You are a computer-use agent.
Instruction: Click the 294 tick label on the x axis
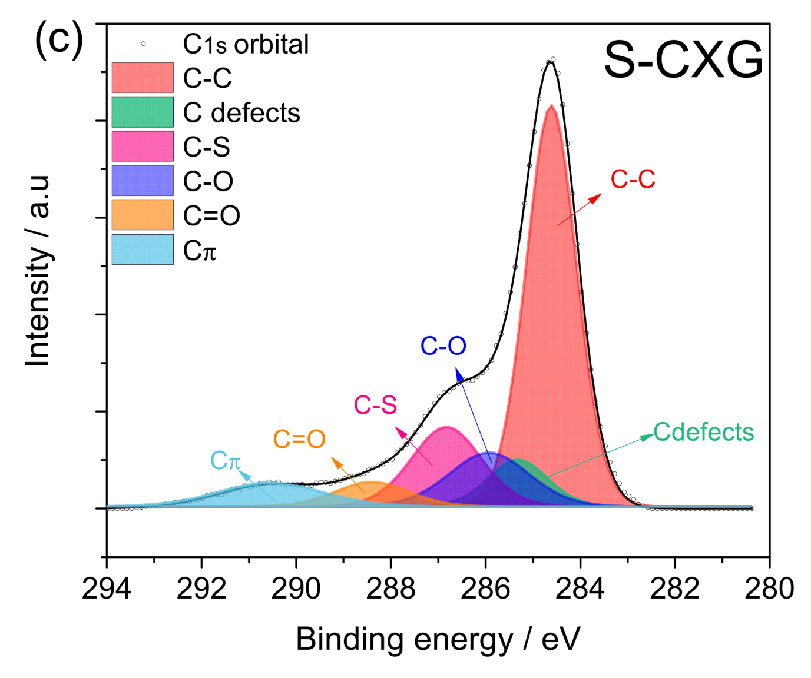(107, 589)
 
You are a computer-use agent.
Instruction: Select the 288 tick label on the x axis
(390, 589)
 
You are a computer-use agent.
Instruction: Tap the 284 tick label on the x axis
(580, 589)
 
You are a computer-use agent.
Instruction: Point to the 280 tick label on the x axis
(769, 589)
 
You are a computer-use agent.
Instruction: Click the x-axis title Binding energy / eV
(438, 640)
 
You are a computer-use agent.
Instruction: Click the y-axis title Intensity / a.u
(38, 271)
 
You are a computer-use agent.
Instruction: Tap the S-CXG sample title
(683, 60)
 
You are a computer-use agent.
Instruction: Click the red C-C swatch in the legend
(143, 78)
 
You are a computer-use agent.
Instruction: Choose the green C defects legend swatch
(143, 112)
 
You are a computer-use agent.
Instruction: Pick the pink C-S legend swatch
(143, 146)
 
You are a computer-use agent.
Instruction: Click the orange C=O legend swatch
(143, 215)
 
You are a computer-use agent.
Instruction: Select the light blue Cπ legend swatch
(143, 250)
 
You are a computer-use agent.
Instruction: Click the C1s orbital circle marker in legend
(143, 44)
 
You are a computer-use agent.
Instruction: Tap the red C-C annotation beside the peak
(633, 180)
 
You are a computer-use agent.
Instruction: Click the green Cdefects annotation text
(703, 433)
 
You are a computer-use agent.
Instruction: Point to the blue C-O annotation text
(443, 346)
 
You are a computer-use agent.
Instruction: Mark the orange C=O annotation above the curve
(299, 439)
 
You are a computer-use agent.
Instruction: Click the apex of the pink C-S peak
(447, 427)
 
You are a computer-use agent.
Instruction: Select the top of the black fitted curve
(550, 62)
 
